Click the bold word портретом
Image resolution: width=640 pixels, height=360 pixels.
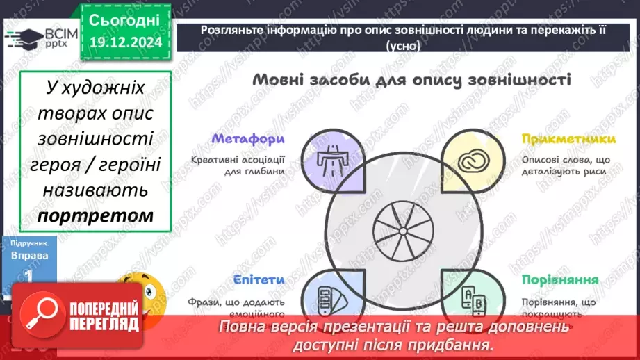tap(95, 216)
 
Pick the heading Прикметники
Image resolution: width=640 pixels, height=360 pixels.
tap(559, 139)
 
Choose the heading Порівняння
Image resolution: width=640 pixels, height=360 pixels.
tap(560, 280)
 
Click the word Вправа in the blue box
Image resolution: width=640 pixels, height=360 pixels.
tap(30, 256)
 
